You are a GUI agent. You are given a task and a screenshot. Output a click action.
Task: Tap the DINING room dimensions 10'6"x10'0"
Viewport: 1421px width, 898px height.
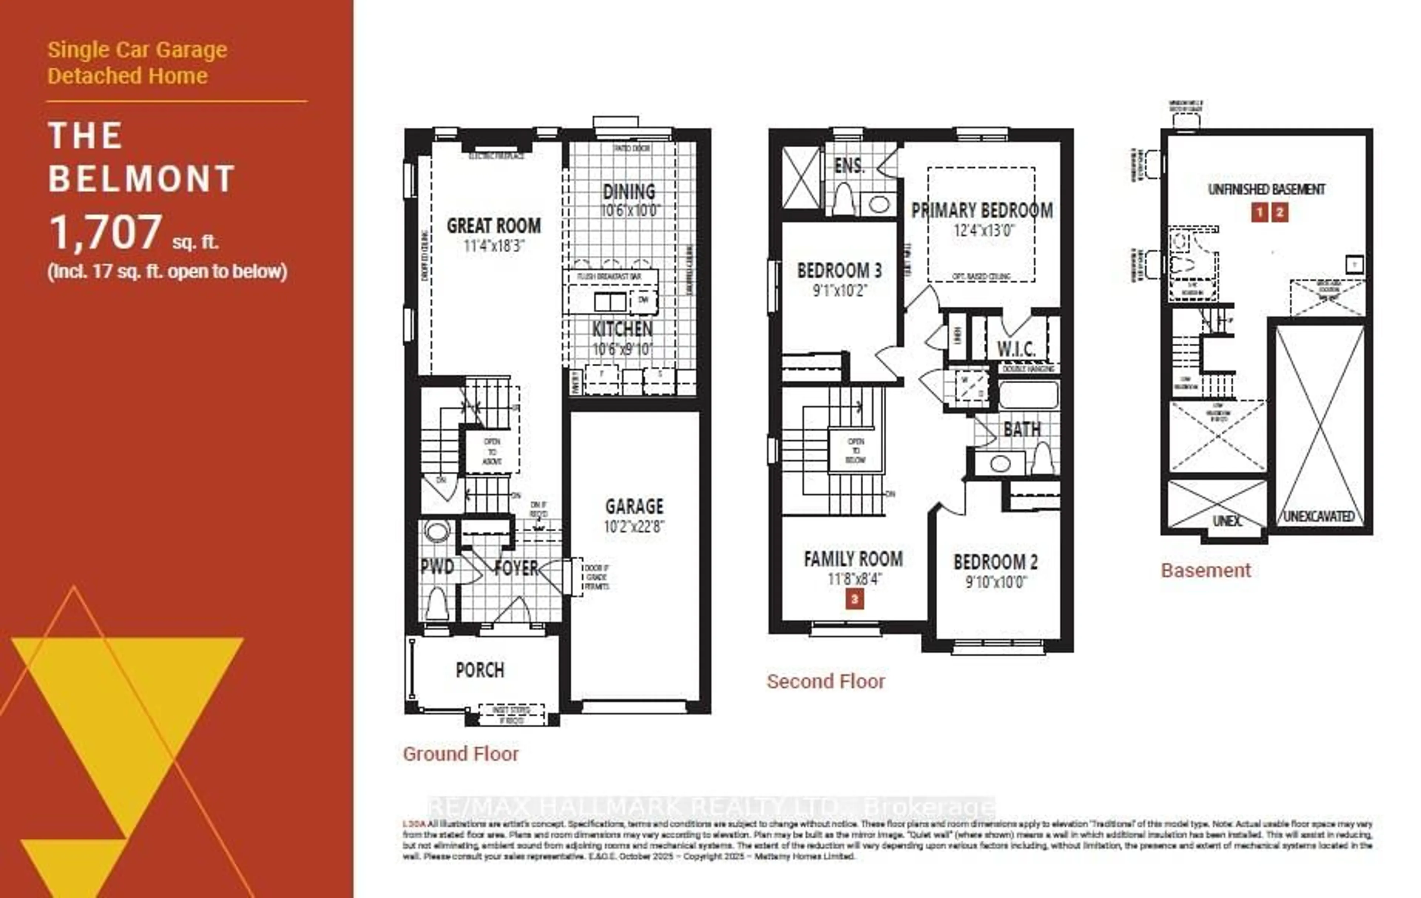(x=630, y=211)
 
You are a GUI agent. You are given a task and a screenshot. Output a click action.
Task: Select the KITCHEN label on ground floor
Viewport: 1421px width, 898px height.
(x=622, y=329)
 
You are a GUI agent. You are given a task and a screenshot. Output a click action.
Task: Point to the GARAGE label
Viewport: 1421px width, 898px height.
(x=634, y=506)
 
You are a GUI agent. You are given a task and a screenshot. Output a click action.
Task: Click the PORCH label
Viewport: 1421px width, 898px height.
(x=480, y=670)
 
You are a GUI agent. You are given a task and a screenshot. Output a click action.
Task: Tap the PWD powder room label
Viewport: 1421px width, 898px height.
(x=437, y=567)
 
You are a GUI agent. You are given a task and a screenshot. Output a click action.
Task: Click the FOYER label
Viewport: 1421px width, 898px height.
(x=516, y=568)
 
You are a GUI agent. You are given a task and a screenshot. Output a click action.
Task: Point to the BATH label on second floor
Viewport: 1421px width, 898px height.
(x=1022, y=430)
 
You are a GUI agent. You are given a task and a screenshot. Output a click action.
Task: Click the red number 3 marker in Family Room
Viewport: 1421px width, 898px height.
(x=854, y=599)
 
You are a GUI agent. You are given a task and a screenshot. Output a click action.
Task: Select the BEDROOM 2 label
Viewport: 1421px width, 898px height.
(x=995, y=562)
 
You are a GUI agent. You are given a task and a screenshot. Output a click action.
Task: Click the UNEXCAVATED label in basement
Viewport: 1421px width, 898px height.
(x=1319, y=516)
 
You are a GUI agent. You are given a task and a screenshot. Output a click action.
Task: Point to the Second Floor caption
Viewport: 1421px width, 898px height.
(x=826, y=682)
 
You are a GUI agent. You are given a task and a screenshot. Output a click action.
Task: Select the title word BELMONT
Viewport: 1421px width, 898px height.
(x=142, y=179)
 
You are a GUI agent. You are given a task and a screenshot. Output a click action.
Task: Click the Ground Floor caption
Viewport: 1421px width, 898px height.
(x=460, y=754)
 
